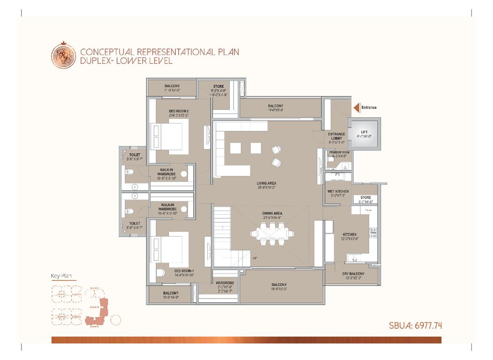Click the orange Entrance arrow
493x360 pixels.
click(x=356, y=108)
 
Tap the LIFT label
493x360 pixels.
click(x=364, y=132)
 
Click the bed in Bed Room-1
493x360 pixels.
click(x=167, y=248)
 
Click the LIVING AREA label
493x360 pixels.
click(x=265, y=183)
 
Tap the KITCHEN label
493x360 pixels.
click(x=349, y=234)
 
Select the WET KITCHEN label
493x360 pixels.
click(x=338, y=191)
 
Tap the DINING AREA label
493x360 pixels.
click(x=272, y=214)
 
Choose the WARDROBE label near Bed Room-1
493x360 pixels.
click(x=225, y=283)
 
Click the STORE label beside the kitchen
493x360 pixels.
click(x=365, y=198)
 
